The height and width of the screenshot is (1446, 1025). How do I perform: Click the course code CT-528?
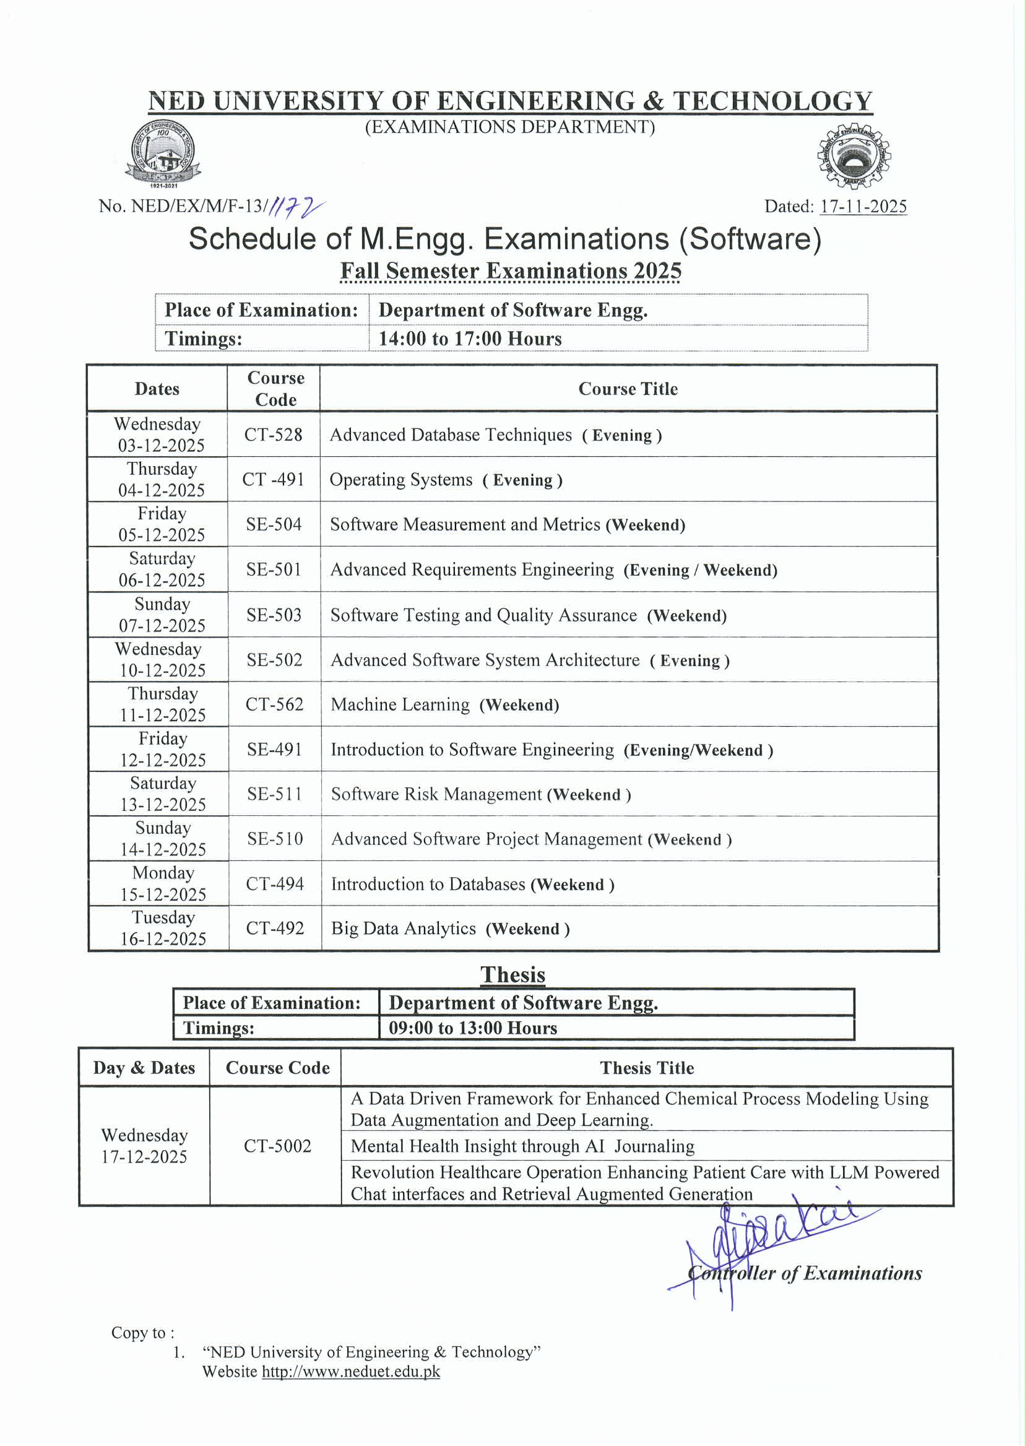click(274, 435)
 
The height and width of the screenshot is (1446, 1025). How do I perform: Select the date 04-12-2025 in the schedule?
click(162, 490)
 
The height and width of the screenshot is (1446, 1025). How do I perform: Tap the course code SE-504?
click(274, 524)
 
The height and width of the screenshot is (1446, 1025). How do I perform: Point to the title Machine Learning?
click(400, 704)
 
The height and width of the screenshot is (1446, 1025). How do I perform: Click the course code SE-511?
click(275, 794)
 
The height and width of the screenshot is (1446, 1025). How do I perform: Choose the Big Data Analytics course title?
click(404, 929)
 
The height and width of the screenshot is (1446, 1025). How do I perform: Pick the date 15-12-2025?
click(163, 894)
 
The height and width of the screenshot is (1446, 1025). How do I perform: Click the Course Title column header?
click(628, 389)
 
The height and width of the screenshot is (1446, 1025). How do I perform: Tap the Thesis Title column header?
click(647, 1068)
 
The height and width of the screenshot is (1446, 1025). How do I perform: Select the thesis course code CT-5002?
click(278, 1146)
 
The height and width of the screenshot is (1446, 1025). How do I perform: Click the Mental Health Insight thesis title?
click(522, 1146)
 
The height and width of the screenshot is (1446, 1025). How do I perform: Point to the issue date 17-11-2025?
click(863, 206)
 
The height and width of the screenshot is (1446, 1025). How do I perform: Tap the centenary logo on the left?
click(163, 154)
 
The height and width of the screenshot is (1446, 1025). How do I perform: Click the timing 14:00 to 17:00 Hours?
click(470, 339)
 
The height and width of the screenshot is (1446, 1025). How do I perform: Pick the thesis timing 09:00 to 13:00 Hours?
click(473, 1028)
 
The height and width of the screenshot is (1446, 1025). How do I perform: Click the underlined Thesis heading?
click(512, 974)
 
